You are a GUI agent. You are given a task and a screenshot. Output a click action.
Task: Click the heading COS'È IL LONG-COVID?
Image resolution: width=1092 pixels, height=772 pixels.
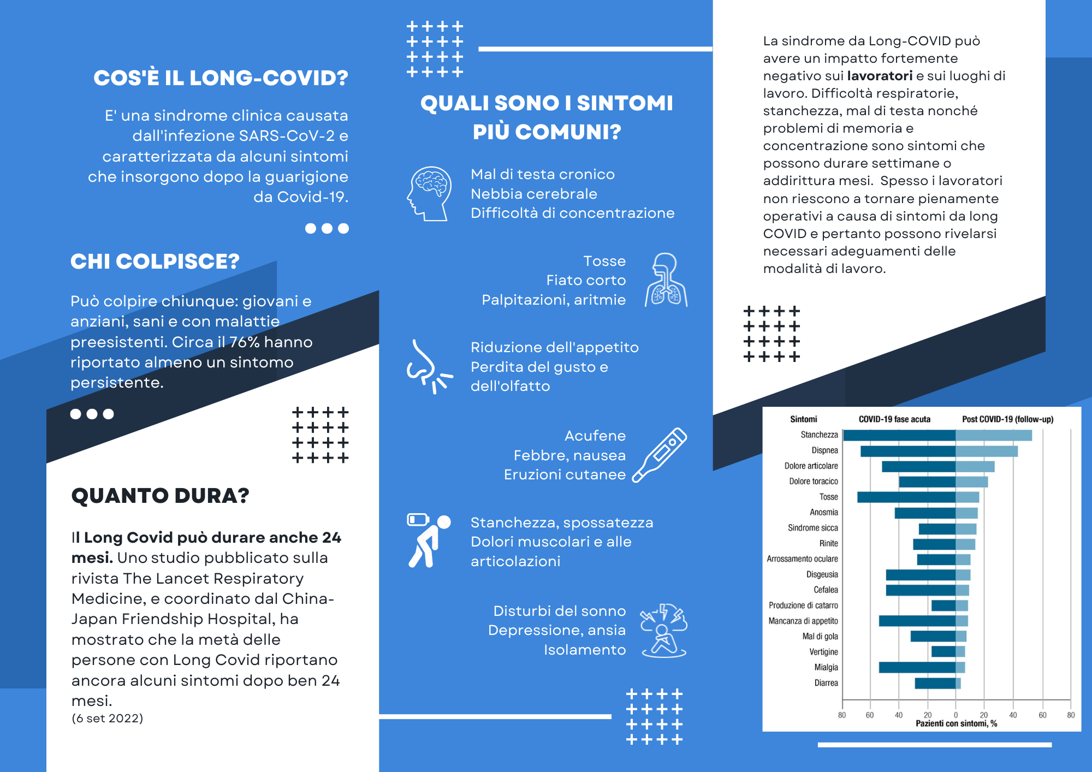tap(221, 78)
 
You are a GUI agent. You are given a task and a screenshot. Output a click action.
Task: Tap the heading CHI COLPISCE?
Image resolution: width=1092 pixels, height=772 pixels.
tap(155, 262)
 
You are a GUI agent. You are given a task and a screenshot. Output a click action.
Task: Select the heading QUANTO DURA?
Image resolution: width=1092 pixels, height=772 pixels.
tap(160, 496)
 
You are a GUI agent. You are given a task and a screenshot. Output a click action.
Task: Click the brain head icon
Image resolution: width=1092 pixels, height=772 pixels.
tap(429, 193)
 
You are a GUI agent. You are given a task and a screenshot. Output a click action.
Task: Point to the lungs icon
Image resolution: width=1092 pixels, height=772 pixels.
tap(666, 280)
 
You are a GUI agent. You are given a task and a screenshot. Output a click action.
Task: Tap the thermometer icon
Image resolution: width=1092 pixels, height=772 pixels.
tap(660, 455)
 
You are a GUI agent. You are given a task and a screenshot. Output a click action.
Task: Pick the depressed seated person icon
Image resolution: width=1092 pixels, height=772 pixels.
tap(663, 630)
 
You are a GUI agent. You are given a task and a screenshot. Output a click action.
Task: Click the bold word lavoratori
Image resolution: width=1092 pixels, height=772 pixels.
tap(880, 76)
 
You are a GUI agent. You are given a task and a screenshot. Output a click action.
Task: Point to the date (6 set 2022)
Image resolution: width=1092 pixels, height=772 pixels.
tap(107, 718)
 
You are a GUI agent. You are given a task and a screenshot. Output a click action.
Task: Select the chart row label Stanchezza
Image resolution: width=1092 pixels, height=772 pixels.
tap(819, 435)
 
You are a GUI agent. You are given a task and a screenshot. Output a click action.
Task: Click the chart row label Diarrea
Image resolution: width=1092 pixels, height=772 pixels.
tap(826, 683)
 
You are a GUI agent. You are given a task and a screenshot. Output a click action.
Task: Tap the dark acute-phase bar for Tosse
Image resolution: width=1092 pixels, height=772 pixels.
tap(906, 497)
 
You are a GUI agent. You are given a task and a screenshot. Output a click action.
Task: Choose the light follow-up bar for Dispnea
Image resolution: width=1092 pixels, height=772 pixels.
tap(986, 451)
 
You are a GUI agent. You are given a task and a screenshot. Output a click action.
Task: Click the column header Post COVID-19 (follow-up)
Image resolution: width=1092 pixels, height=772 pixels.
tap(1007, 419)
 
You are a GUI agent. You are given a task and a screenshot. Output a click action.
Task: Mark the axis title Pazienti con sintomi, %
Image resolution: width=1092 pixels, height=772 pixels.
tap(956, 723)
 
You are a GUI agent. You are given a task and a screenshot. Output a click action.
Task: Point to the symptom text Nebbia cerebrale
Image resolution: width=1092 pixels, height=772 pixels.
tap(533, 194)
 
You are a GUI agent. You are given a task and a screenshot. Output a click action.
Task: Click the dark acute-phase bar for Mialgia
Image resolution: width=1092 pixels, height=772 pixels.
tap(917, 667)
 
